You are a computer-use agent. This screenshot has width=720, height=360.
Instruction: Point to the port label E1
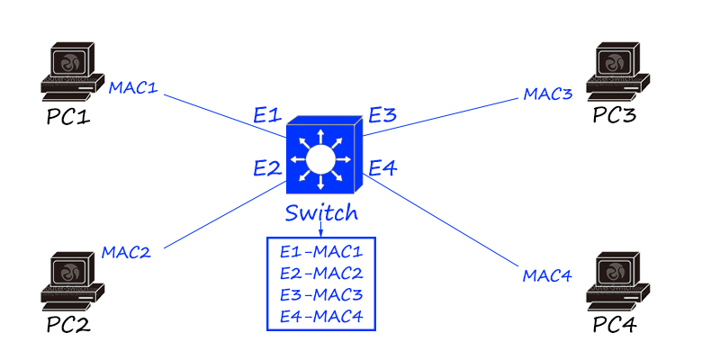(267, 115)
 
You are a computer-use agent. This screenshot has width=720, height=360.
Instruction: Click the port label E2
(267, 166)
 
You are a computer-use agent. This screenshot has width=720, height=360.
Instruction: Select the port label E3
(382, 115)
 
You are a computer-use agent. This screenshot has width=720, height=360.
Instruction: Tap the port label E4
(382, 166)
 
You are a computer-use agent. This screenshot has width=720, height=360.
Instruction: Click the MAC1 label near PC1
(133, 88)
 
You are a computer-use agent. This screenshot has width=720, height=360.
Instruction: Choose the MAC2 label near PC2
(126, 251)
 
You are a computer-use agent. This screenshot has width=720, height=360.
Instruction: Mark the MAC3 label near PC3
(548, 94)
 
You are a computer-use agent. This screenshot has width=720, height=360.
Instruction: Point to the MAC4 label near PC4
(547, 275)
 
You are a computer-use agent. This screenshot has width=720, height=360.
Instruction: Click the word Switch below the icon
(321, 213)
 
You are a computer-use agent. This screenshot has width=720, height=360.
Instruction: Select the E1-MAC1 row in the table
(320, 251)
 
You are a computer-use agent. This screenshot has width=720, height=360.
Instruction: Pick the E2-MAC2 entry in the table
(320, 273)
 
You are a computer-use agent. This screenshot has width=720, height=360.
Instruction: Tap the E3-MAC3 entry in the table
(320, 294)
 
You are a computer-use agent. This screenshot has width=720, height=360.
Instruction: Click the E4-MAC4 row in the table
(320, 316)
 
